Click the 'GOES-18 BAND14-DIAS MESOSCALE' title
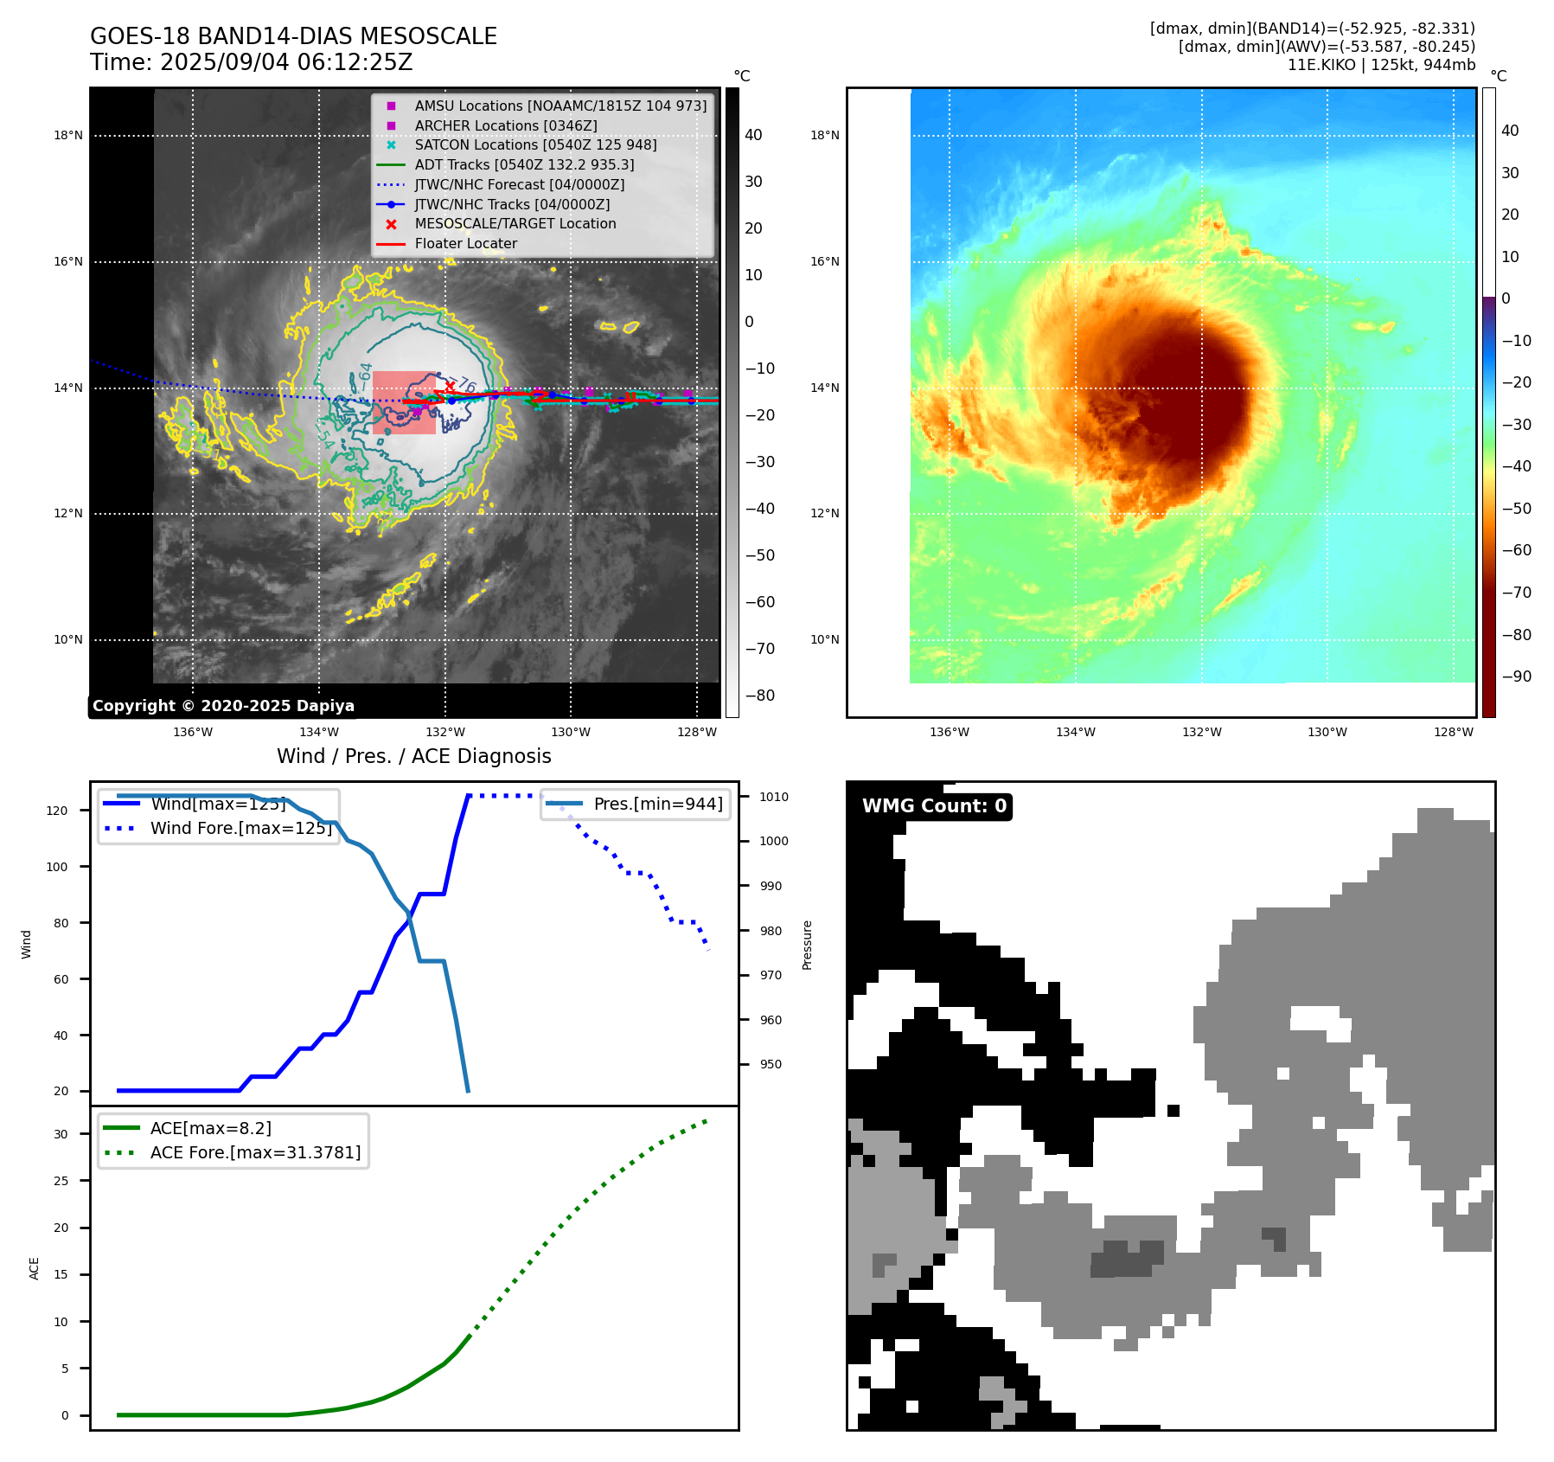(x=293, y=36)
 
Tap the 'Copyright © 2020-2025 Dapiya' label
(x=223, y=706)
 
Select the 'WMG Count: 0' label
(x=934, y=806)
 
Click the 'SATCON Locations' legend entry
(x=535, y=145)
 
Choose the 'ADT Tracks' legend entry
(x=524, y=164)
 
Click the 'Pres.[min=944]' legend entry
(x=657, y=804)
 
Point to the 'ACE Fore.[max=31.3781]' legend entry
(x=255, y=1152)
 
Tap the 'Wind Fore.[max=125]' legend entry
(x=241, y=828)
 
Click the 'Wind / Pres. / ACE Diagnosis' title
(x=413, y=756)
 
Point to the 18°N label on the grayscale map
(x=68, y=136)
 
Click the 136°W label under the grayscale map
(x=193, y=733)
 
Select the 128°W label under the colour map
(x=1453, y=733)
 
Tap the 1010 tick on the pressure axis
(x=774, y=797)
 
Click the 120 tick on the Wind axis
(x=56, y=811)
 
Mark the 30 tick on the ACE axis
(x=61, y=1134)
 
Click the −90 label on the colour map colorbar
(x=1516, y=676)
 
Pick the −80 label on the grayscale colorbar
(x=760, y=696)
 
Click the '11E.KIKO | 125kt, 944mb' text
(x=1381, y=65)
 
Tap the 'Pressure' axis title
(x=807, y=945)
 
